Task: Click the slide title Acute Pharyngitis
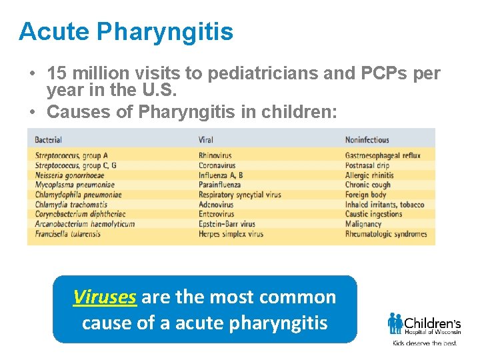(126, 31)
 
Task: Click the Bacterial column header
(49, 140)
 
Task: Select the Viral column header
(206, 140)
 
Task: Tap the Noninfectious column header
(367, 140)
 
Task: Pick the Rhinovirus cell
(215, 156)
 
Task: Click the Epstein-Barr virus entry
(227, 225)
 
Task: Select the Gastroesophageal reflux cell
(383, 156)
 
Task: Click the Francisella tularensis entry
(67, 234)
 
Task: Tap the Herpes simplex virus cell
(231, 234)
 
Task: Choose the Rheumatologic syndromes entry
(386, 234)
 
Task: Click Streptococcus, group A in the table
(71, 156)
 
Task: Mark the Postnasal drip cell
(367, 166)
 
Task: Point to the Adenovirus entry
(216, 205)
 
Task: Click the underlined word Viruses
(105, 297)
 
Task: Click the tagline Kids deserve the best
(425, 343)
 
